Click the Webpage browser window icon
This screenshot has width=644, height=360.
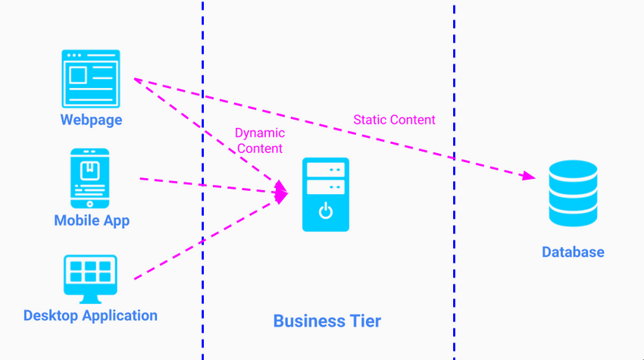[91, 79]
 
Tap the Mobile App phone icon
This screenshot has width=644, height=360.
[90, 178]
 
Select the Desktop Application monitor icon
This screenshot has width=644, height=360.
[90, 279]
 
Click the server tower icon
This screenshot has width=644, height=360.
[326, 194]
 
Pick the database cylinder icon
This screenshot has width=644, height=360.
[573, 193]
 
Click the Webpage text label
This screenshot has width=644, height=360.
[91, 120]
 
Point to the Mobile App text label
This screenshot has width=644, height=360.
[92, 221]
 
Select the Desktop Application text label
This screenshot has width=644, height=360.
[90, 315]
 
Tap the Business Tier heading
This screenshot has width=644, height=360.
[327, 321]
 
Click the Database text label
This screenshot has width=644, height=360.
[573, 252]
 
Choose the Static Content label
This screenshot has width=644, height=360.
[394, 120]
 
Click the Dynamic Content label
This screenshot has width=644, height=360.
[260, 140]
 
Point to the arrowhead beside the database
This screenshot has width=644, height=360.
[528, 176]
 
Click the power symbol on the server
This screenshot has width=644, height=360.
[326, 211]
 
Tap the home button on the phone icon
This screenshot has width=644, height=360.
[90, 204]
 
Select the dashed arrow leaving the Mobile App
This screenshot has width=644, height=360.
[214, 186]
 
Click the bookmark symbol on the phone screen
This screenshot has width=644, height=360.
[90, 169]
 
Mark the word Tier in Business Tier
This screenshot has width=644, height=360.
[365, 321]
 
